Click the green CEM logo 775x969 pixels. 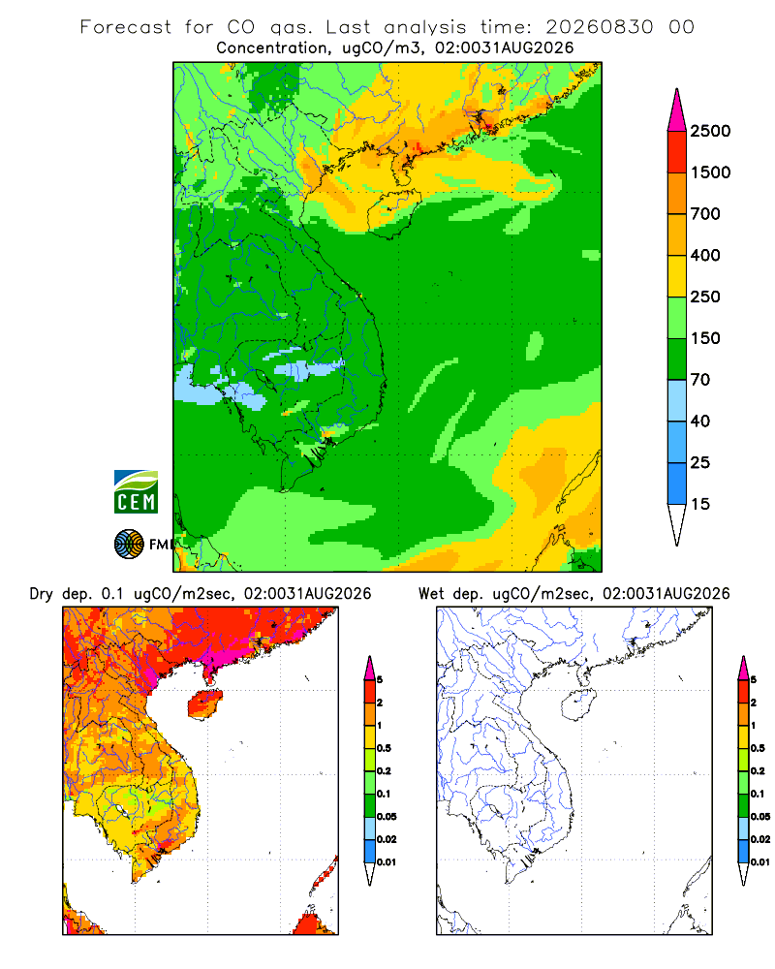pos(136,492)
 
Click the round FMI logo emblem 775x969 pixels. pos(129,545)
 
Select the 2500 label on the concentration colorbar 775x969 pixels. pos(710,131)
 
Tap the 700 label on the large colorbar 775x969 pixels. pos(705,214)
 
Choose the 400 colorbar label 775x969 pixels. pos(705,255)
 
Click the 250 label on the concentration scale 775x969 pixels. pos(705,297)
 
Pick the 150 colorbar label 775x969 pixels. pos(705,338)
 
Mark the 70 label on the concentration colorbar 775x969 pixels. pos(700,380)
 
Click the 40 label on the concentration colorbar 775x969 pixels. pos(700,421)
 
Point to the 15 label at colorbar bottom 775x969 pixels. pos(700,504)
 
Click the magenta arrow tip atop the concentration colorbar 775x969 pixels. pos(677,89)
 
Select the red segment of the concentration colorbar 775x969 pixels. pos(677,151)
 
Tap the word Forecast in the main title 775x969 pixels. pos(126,27)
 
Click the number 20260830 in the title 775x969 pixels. pos(599,27)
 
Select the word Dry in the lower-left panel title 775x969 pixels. pos(42,594)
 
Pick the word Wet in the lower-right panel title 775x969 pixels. pos(431,594)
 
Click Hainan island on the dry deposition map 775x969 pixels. pos(204,704)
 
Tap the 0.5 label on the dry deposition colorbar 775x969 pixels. pos(384,748)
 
